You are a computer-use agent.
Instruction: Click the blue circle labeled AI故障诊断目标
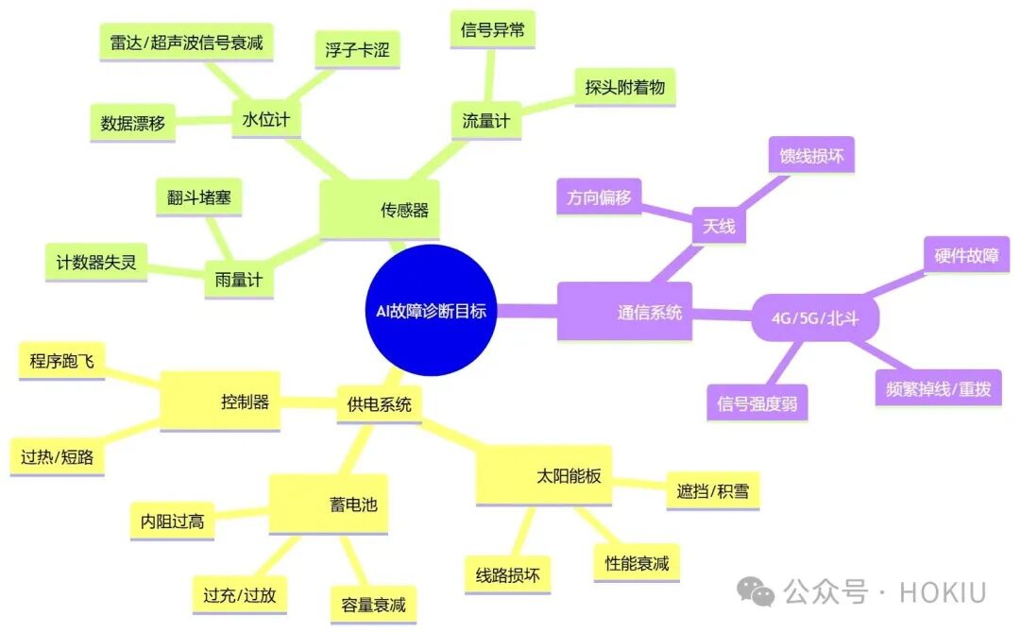431,310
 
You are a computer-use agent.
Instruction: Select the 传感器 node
380,210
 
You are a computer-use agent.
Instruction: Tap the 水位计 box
266,119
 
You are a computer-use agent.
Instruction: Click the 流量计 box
486,120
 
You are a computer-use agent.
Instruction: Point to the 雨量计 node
239,280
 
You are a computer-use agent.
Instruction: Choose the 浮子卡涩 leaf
357,50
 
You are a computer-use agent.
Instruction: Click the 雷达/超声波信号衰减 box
186,43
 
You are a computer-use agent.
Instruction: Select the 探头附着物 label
624,87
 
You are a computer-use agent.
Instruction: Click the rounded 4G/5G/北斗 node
815,318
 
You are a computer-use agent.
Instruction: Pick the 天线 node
719,226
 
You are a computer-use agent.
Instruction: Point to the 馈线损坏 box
811,156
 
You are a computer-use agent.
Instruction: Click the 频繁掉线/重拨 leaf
938,389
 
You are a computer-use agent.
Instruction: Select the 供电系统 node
380,404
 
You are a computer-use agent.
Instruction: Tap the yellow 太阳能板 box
544,475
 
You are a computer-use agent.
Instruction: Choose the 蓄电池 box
329,505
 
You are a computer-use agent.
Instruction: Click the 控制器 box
220,402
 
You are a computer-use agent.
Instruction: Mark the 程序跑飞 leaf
61,361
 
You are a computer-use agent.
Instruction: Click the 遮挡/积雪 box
713,490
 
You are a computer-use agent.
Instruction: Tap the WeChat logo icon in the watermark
756,591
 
